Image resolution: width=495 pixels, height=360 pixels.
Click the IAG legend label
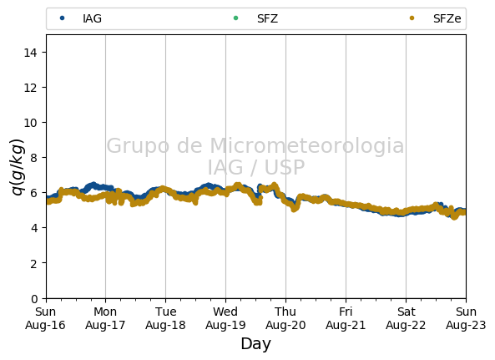(92, 18)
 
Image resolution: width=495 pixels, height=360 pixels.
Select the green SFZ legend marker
(235, 18)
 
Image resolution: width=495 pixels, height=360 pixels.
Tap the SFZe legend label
(447, 18)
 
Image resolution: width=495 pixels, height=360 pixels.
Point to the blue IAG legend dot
(63, 18)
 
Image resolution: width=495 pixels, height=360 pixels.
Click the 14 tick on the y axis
(30, 53)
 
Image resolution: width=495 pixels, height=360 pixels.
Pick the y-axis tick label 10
(30, 123)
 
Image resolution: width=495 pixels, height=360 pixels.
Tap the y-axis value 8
(33, 158)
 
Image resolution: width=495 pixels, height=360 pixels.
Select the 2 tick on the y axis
(33, 263)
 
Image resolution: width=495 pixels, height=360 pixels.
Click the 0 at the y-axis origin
(34, 298)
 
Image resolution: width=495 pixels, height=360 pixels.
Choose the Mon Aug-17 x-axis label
(105, 318)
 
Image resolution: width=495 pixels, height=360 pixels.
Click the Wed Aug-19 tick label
(225, 318)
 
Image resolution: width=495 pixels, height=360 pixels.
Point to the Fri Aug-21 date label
(346, 318)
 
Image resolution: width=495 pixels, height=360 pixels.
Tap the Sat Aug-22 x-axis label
(406, 318)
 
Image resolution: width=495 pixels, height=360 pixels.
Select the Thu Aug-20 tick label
(285, 318)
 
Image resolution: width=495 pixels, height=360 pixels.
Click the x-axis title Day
(256, 344)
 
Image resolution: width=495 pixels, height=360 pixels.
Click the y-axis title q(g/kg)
(18, 167)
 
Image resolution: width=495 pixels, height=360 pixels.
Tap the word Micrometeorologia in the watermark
(307, 145)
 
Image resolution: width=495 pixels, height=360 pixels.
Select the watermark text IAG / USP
(256, 167)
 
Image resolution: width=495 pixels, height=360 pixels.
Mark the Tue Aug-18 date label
(165, 318)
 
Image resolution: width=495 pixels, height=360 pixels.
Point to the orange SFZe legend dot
(412, 18)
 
